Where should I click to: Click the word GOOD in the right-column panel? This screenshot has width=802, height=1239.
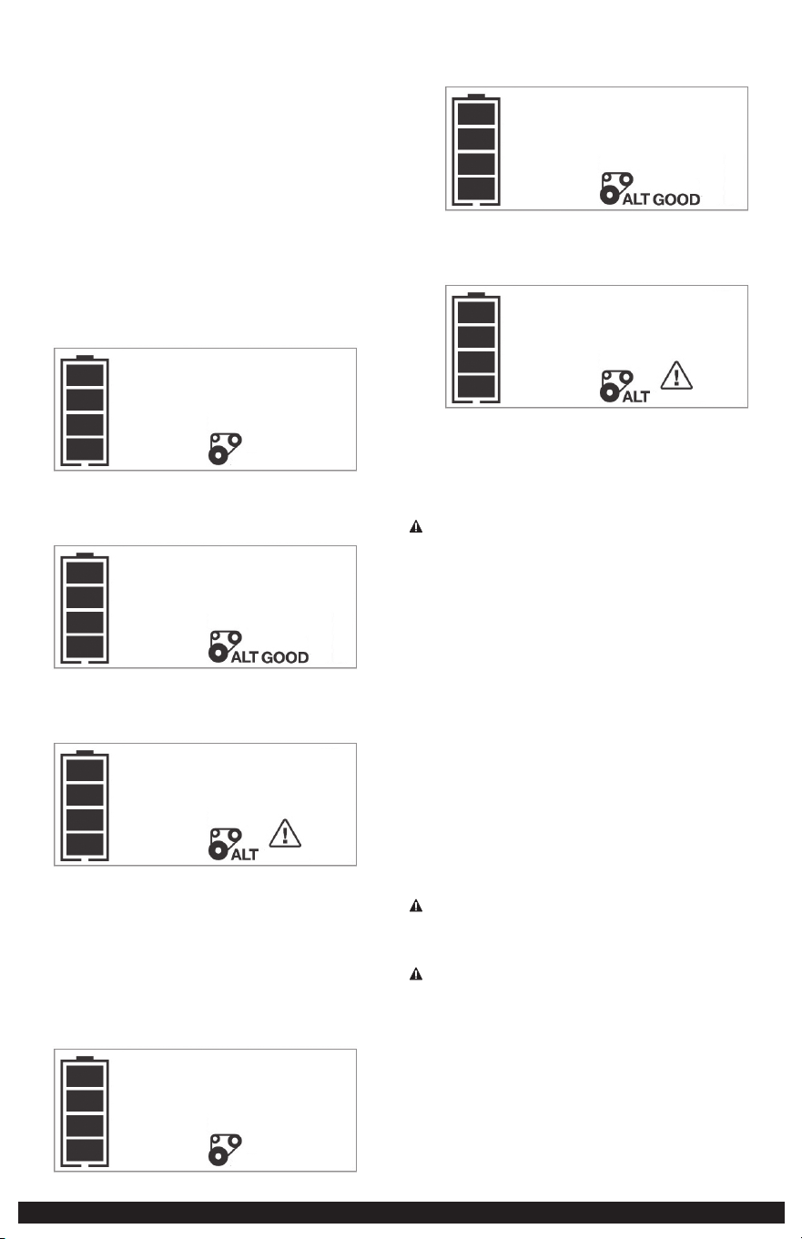(676, 199)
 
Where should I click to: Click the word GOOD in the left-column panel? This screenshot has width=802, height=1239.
(285, 657)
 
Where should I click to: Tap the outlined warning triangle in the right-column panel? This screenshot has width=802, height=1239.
(676, 375)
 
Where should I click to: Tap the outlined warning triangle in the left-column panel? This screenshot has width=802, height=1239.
(285, 833)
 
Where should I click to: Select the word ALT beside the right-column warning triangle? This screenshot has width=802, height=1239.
(636, 397)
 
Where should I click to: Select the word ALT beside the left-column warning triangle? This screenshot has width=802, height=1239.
(245, 855)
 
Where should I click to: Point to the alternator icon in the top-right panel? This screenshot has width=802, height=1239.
(616, 188)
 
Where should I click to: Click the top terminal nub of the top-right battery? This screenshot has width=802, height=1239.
(476, 96)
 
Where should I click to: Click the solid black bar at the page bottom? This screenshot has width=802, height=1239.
(401, 1213)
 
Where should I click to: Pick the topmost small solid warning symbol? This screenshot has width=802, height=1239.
(416, 526)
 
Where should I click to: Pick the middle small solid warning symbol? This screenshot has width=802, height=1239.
(416, 906)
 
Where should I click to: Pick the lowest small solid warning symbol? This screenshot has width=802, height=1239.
(416, 974)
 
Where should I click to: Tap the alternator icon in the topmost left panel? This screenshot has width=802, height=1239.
(225, 449)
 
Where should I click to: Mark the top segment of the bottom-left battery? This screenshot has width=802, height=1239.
(85, 1076)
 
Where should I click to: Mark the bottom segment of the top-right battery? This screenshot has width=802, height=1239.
(476, 188)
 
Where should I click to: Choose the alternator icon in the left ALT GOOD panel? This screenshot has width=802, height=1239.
(225, 646)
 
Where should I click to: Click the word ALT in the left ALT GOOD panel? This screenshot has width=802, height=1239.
(245, 657)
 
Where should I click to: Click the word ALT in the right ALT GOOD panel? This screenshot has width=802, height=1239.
(636, 199)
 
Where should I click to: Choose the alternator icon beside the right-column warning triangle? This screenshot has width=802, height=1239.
(616, 386)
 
